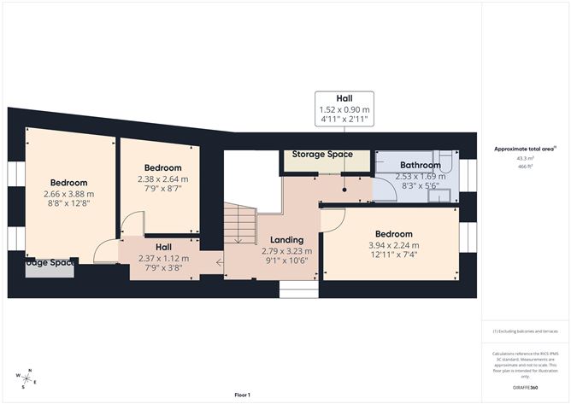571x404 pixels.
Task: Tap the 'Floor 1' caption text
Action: (x=245, y=395)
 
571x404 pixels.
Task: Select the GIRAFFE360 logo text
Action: (x=524, y=387)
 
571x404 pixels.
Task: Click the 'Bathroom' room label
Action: (x=420, y=165)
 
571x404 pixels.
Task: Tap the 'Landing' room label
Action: (x=286, y=240)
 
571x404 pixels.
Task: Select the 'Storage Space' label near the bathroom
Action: (x=322, y=155)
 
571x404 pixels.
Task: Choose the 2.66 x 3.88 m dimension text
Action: (x=68, y=193)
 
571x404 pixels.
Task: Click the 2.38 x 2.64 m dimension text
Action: (x=162, y=179)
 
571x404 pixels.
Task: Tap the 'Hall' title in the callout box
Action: (x=344, y=98)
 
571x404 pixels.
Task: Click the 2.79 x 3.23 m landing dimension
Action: (x=286, y=251)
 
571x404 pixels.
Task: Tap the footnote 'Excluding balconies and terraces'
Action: (x=524, y=331)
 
